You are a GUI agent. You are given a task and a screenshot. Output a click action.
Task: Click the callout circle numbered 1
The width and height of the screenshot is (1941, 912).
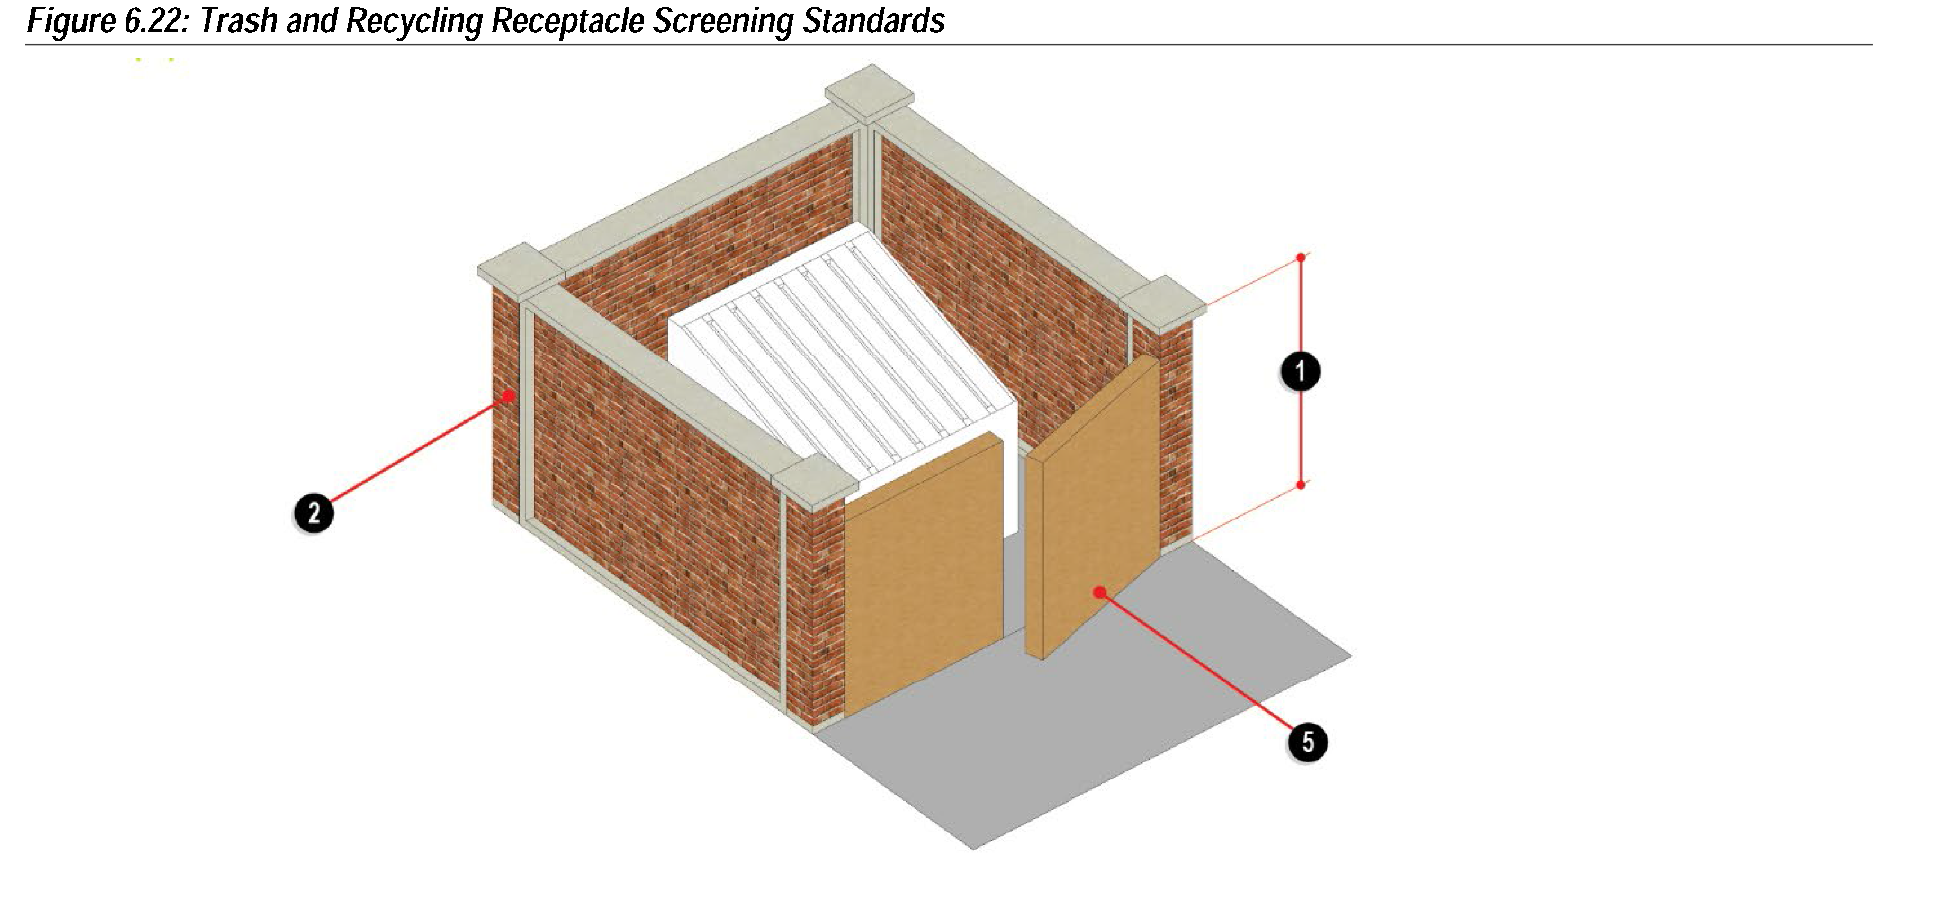click(1300, 371)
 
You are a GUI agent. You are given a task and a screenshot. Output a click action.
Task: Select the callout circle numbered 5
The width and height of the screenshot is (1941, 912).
click(1307, 742)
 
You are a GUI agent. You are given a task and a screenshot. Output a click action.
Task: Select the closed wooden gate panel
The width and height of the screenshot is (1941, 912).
click(924, 576)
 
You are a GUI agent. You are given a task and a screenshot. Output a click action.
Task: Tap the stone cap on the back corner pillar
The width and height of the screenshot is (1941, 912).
click(869, 93)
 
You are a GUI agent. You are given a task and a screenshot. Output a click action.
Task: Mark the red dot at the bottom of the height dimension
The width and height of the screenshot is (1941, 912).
click(1301, 485)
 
